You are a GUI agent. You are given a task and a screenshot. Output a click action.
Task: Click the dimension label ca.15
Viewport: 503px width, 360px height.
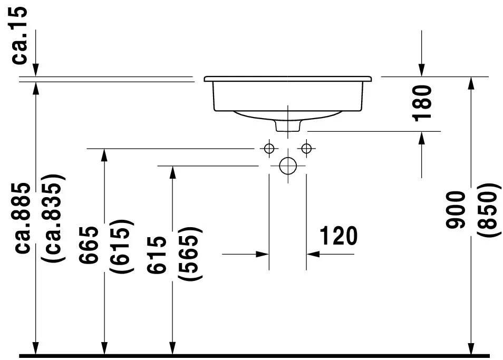point(21,36)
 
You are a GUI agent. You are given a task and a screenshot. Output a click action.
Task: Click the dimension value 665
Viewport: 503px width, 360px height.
point(89,245)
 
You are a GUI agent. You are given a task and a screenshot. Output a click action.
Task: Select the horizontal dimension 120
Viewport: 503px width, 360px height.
point(337,236)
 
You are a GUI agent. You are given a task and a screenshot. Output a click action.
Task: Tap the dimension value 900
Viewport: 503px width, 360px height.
point(457,210)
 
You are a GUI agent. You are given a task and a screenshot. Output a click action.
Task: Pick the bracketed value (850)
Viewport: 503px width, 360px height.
point(487,210)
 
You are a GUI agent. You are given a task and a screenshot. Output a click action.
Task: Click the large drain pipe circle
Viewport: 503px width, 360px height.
point(288,166)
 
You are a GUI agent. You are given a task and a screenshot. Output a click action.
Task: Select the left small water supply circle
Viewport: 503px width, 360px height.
point(269,148)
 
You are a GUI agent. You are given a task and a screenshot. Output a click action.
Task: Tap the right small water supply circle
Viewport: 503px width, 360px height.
point(306,148)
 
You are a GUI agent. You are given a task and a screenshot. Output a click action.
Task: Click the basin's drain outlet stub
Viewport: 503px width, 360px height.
point(288,126)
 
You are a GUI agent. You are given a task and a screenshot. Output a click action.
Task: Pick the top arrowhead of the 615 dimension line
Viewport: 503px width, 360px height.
point(172,172)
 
